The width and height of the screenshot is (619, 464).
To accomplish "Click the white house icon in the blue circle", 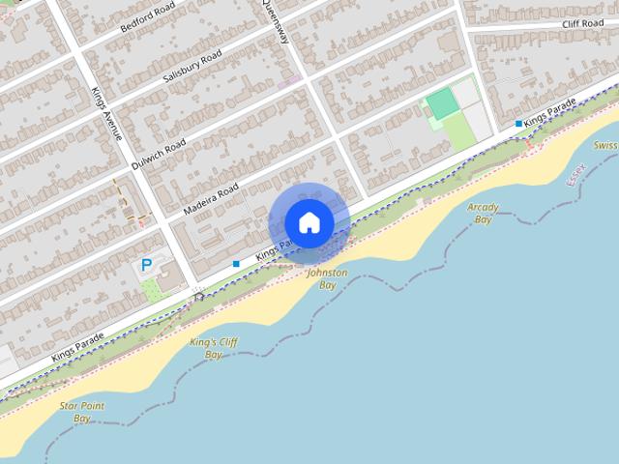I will coord(309,222).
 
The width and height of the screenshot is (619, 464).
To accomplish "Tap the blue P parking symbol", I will coord(147,264).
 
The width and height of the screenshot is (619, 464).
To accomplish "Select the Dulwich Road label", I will coord(159,153).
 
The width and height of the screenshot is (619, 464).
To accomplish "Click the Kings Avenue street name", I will coord(107,113).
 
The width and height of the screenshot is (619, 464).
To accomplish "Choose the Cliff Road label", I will coord(582,23).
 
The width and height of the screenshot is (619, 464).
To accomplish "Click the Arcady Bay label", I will coord(482,214).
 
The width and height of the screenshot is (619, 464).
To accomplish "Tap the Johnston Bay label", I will coord(327,279).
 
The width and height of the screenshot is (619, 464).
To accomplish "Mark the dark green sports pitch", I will coord(442,103).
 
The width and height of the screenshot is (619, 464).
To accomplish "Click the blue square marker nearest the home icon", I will coord(236,263).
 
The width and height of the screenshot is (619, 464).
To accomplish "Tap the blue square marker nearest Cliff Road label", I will coord(519,124).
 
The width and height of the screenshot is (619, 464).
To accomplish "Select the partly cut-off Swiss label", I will coord(605,146).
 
